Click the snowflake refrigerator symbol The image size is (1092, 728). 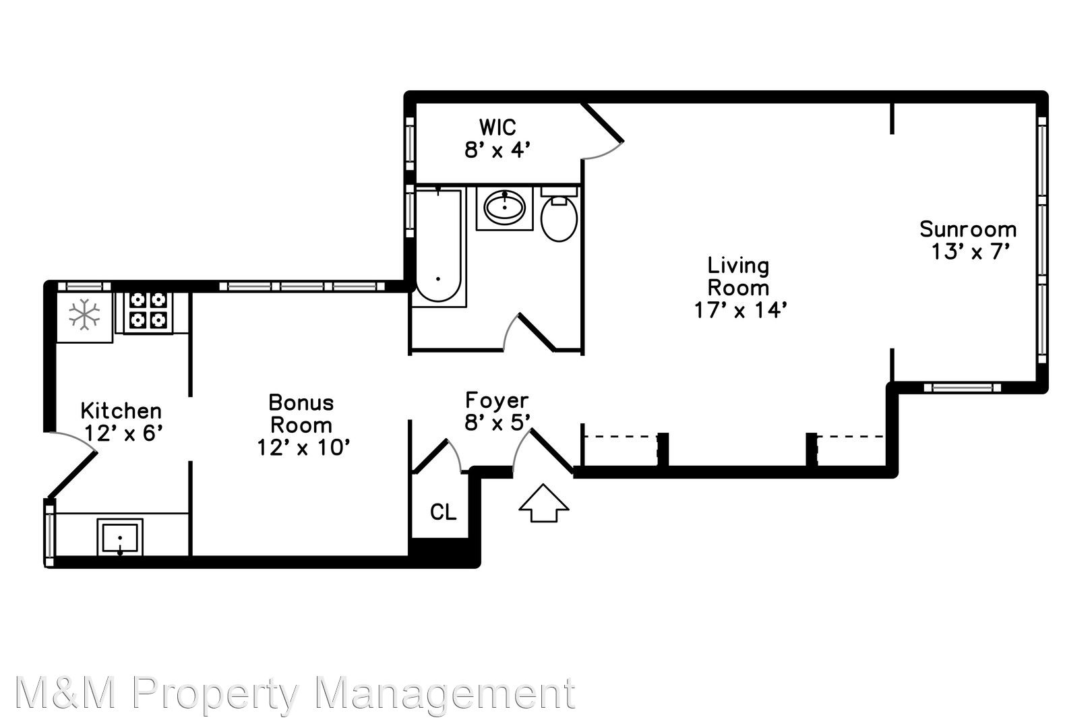click(84, 315)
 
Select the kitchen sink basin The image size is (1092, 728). click(120, 537)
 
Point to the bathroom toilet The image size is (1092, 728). click(559, 214)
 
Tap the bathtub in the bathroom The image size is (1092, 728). click(437, 246)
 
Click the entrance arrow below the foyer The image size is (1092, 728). click(543, 503)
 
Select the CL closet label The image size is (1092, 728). click(443, 512)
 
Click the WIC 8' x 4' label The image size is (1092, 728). click(497, 138)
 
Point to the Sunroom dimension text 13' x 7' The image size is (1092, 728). click(969, 252)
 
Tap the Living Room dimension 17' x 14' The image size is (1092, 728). click(740, 310)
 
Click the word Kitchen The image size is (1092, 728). click(121, 411)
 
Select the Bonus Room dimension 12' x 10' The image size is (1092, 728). click(303, 448)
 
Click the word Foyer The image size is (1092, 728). click(497, 401)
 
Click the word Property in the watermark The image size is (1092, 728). click(215, 694)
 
